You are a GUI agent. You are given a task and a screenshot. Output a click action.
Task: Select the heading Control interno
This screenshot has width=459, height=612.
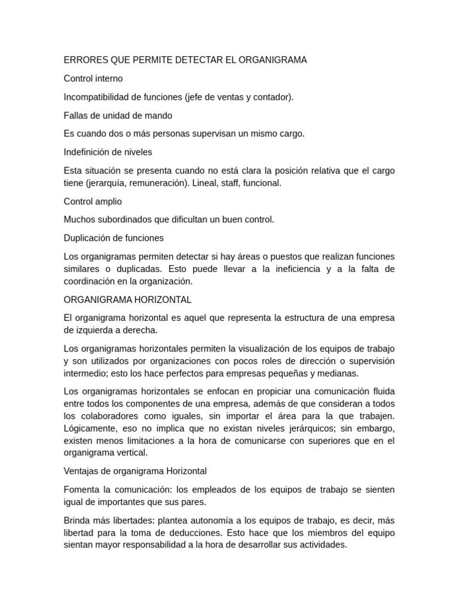(93, 78)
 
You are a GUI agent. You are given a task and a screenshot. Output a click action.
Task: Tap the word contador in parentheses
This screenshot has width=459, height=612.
(274, 97)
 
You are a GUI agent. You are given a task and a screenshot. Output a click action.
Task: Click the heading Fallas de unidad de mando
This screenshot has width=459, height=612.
(118, 115)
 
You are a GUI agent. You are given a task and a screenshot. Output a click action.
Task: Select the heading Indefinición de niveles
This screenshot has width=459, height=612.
(108, 152)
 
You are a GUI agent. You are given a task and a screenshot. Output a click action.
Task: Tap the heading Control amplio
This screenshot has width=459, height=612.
(93, 201)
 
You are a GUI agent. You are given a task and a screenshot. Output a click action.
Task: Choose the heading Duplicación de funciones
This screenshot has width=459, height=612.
(114, 238)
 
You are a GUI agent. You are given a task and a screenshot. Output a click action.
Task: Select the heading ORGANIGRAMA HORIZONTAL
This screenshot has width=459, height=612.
(127, 299)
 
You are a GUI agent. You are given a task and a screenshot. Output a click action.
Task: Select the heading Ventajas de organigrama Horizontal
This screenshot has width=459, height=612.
(135, 471)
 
